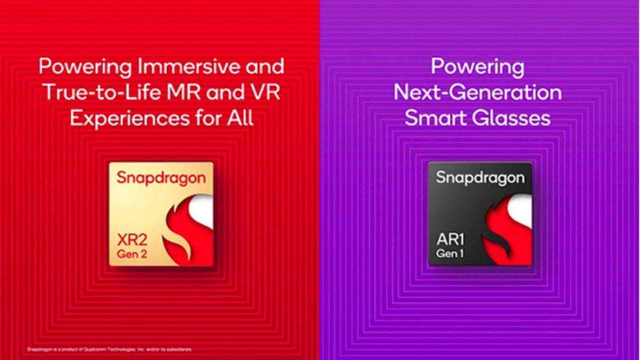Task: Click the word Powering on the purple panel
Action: pos(478,67)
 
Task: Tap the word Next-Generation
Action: pos(478,92)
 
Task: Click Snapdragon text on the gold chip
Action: pos(161,178)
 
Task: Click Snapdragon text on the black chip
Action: pos(480,178)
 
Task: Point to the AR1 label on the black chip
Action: pos(449,241)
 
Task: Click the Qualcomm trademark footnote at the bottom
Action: pos(109,349)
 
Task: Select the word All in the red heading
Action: pos(239,118)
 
